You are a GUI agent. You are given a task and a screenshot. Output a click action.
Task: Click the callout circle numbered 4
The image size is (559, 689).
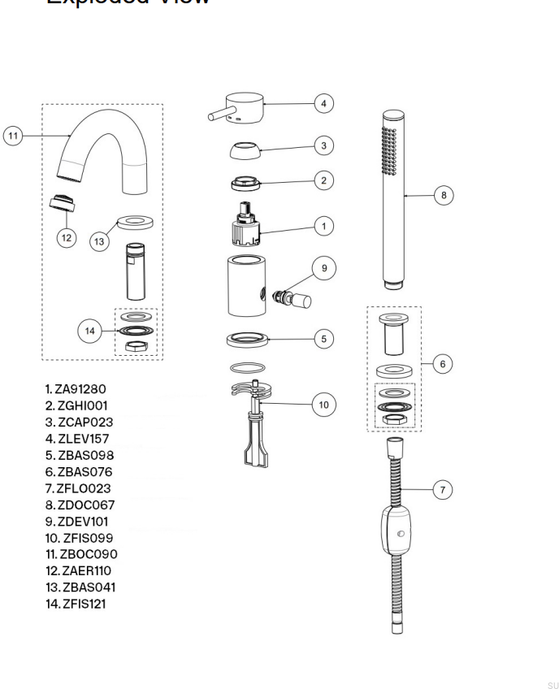tap(323, 103)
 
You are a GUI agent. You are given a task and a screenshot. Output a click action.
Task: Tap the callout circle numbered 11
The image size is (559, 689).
tap(13, 136)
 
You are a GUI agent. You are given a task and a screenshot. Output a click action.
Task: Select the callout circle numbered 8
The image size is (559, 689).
tap(443, 195)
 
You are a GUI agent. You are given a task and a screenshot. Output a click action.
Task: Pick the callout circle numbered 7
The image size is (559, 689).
tap(442, 490)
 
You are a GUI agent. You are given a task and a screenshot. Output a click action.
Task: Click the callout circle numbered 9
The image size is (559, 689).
tap(324, 267)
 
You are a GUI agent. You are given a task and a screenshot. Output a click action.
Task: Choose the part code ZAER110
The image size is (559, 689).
tap(83, 570)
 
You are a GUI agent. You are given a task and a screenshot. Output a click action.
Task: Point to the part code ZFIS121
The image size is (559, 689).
tap(80, 604)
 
